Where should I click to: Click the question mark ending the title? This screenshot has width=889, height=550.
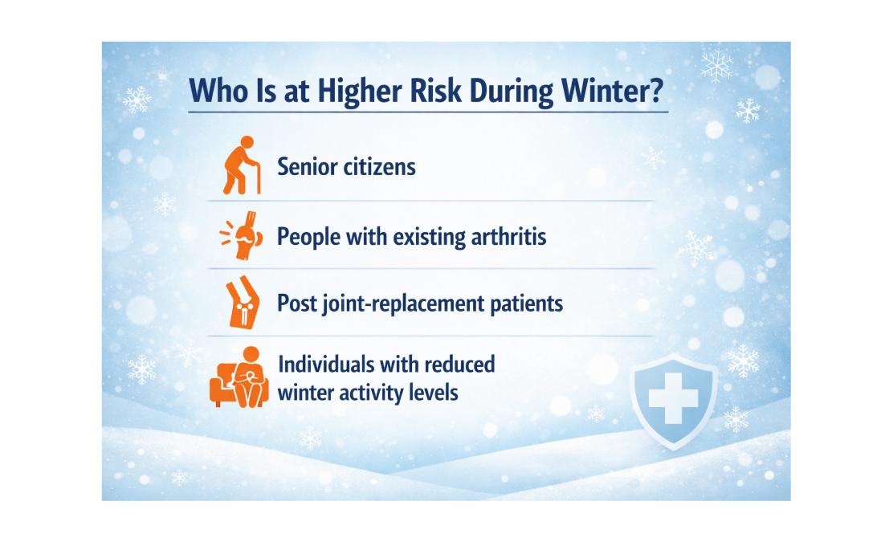(657, 90)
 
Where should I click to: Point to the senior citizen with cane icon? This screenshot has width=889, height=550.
(242, 165)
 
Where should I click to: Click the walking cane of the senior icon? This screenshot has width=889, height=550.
(258, 178)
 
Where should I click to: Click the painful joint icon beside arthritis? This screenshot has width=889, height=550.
(242, 235)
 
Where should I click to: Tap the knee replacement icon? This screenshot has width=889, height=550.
(243, 303)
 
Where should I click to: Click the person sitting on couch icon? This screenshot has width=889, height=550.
(239, 377)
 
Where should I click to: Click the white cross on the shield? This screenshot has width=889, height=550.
(673, 398)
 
